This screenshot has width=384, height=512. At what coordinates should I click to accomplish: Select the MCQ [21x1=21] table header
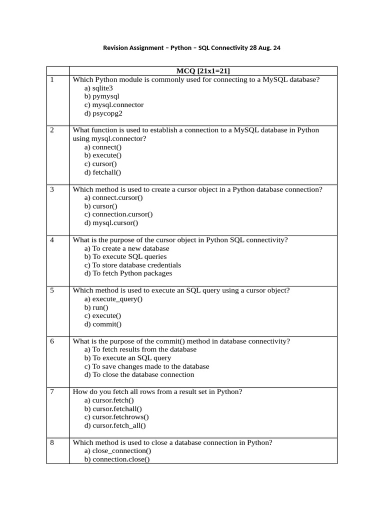coord(202,71)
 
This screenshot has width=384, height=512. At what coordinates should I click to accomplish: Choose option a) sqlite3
coord(98,88)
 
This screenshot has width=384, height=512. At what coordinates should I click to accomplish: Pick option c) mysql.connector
coord(114,105)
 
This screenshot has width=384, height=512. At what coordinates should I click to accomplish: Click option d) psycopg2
coord(103,113)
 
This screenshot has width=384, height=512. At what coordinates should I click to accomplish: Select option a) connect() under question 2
coord(103,147)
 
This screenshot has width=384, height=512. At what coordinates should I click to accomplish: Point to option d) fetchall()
coord(103,172)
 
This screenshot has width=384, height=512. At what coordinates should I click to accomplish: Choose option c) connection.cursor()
coord(118,214)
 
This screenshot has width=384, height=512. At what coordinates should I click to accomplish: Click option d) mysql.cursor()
coord(111,222)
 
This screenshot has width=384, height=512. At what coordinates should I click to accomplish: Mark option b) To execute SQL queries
coord(125,256)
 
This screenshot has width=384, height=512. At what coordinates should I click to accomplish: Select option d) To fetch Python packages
coord(128,273)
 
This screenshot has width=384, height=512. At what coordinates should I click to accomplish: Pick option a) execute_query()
coord(113,299)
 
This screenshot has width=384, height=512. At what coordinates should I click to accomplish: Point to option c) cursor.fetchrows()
coord(116,417)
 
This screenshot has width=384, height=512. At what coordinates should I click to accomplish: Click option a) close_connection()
coord(118,451)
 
